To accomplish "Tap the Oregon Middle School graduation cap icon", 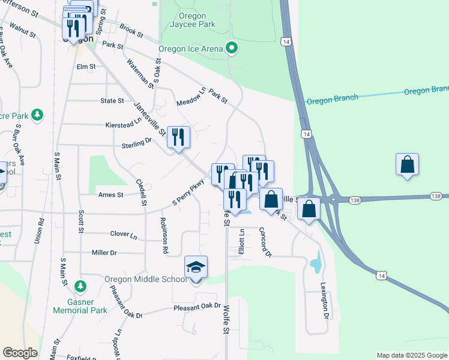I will pos(196,266).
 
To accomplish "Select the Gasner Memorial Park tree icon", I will pos(80,285).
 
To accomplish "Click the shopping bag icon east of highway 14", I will pos(407,164).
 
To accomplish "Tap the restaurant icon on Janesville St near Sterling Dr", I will pos(178,137).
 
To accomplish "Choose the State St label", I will pos(112,101).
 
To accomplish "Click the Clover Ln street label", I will pos(124,234).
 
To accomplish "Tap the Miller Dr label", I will pos(104,253).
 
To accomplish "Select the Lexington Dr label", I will pos(325,300).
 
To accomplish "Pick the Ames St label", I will pos(111,194).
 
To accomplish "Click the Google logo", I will pos(20,353).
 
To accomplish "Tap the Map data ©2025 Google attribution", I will pos(411,355).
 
